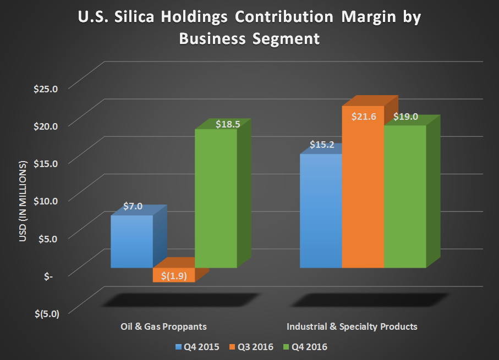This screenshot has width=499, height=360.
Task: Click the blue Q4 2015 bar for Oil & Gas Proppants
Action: tap(131, 241)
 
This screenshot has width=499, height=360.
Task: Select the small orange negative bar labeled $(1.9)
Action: tap(174, 275)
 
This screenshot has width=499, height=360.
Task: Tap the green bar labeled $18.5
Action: tap(216, 198)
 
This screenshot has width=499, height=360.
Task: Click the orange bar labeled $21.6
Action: tap(363, 187)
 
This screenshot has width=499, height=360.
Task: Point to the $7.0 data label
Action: tap(133, 207)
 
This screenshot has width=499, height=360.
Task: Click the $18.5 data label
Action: tap(227, 124)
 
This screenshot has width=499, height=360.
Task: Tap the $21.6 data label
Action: tap(363, 117)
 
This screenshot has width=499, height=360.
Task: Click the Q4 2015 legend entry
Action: tap(197, 347)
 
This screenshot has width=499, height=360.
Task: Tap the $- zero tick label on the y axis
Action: tap(48, 276)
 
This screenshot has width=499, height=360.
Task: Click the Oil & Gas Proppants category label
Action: tap(163, 326)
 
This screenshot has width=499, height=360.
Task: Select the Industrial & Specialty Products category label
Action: tap(352, 326)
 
